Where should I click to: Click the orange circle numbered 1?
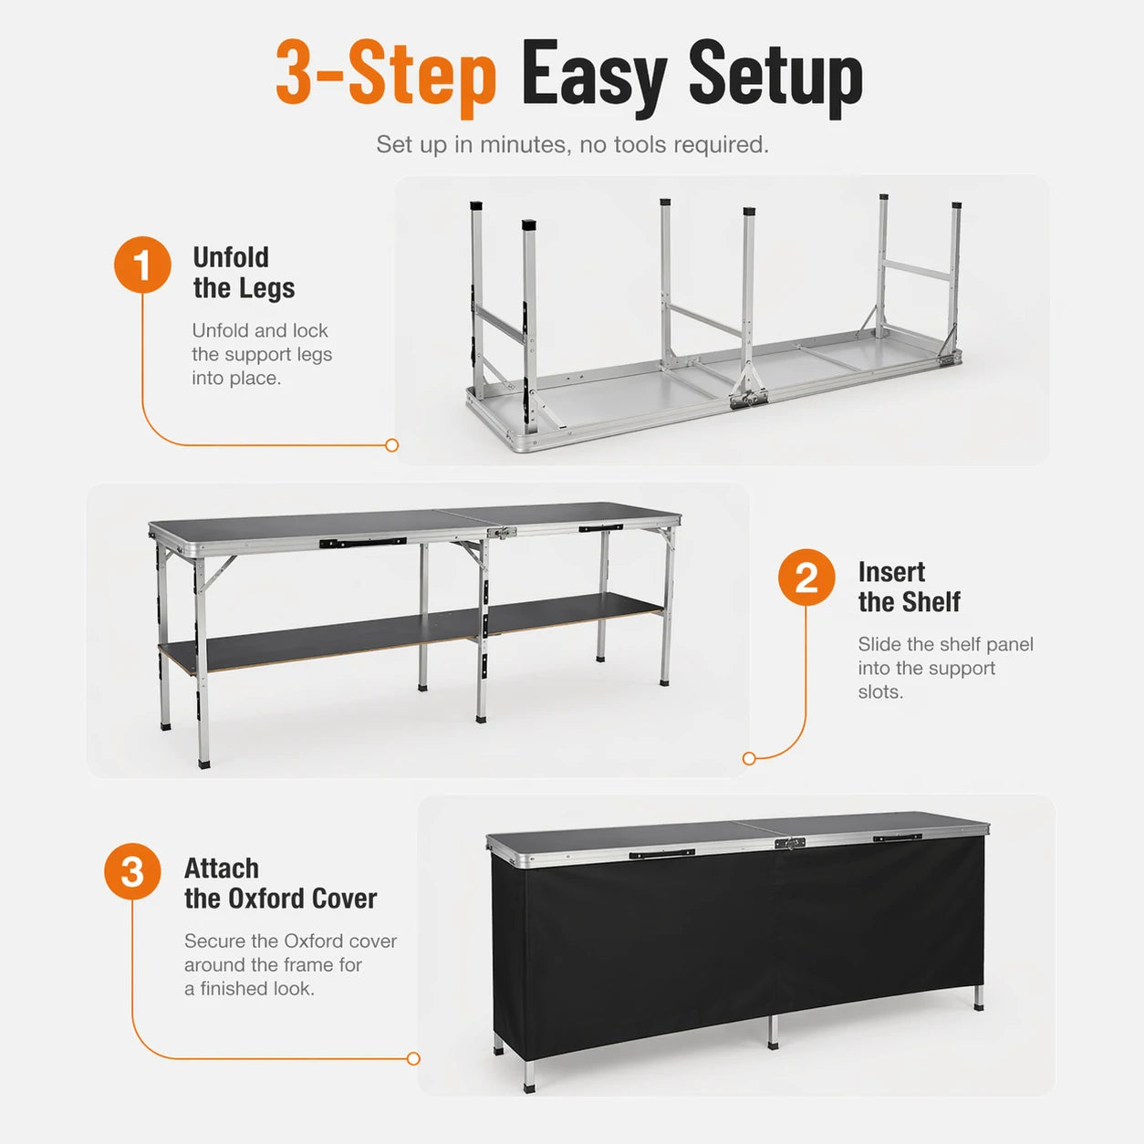point(142,265)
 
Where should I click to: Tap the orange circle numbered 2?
point(806,577)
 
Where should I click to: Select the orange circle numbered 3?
point(132,871)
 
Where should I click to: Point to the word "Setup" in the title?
point(775,77)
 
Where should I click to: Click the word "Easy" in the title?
point(594,77)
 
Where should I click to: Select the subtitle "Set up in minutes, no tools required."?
point(572,145)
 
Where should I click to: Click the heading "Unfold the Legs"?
point(243,273)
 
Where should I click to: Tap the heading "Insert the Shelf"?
point(909,587)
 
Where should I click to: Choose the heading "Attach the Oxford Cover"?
point(280,883)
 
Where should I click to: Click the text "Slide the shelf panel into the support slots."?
point(945,668)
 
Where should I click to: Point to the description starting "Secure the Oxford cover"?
point(290,964)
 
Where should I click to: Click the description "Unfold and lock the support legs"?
point(261,354)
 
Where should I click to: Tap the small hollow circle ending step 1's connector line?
point(392,445)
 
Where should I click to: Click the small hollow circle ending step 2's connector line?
point(749,758)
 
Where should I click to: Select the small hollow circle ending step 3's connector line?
point(413,1058)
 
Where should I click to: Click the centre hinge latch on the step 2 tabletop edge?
point(501,533)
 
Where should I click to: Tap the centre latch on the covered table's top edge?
point(789,843)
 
